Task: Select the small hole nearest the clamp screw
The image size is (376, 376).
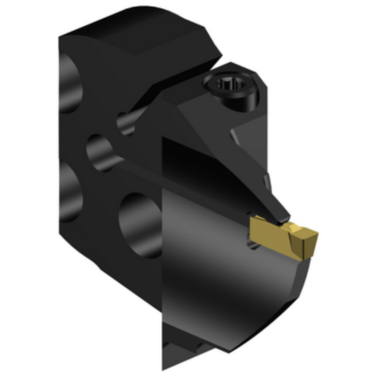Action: point(126,123)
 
